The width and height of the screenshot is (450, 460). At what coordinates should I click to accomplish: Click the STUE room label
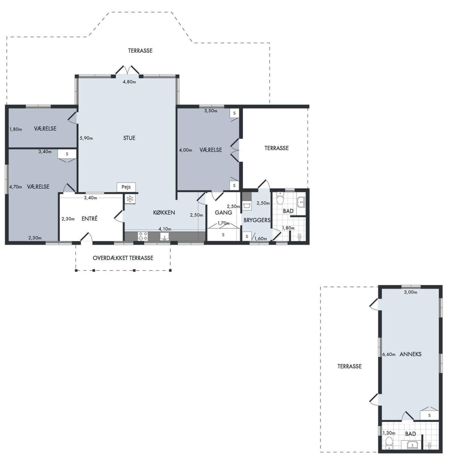click(129, 138)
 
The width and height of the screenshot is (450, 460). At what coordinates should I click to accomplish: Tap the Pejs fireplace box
click(126, 187)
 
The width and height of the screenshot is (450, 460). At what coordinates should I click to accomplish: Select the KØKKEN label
click(164, 213)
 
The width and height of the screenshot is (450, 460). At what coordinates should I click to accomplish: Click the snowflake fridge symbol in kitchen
click(130, 199)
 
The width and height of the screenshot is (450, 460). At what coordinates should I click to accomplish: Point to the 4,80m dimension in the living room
click(129, 82)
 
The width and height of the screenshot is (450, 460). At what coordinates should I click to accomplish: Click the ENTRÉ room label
click(90, 219)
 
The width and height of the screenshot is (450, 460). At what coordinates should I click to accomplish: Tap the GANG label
click(223, 212)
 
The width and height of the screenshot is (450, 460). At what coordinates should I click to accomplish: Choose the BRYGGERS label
click(257, 220)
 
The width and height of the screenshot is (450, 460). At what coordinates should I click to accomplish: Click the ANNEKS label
click(411, 354)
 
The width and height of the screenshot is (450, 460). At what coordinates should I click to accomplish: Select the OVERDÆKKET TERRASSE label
click(123, 258)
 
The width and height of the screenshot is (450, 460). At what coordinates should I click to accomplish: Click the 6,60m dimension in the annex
click(389, 354)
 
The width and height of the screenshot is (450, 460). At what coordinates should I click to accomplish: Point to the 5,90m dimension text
click(86, 138)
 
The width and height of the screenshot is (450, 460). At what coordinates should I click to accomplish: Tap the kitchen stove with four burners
click(143, 236)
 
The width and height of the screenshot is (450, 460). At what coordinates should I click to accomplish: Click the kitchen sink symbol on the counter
click(165, 236)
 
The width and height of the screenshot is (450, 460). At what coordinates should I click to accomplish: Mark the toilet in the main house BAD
click(280, 199)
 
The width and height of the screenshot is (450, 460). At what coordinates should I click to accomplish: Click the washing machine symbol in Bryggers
click(247, 205)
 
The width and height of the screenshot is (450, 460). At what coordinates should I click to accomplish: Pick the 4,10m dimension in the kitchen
click(165, 229)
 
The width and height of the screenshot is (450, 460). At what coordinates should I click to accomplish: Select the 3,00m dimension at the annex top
click(411, 292)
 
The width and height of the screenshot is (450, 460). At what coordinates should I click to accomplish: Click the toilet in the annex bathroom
click(389, 443)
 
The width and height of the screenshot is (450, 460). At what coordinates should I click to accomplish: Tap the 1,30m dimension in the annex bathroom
click(389, 433)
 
